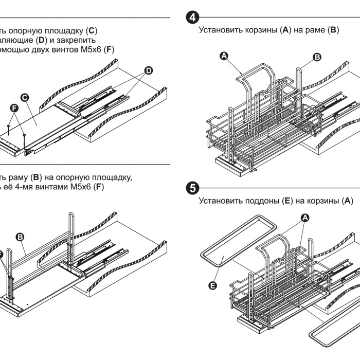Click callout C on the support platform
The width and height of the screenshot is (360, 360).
click(24, 97)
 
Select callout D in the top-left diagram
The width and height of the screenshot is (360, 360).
click(149, 70)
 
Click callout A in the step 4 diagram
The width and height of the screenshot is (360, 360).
click(223, 55)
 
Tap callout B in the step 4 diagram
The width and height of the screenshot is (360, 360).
click(317, 57)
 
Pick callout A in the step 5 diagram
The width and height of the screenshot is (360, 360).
click(304, 218)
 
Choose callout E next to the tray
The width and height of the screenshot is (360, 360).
click(213, 284)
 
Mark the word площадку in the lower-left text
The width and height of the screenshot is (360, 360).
click(115, 177)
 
